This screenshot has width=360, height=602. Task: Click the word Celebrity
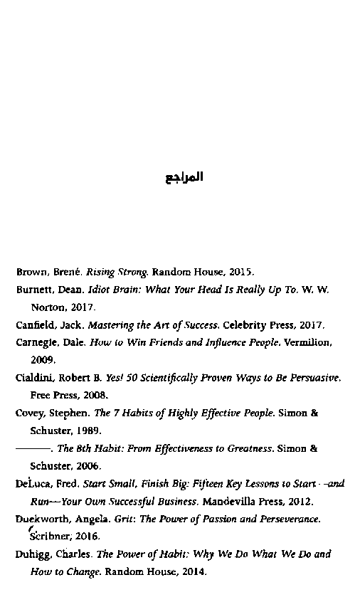tap(245, 325)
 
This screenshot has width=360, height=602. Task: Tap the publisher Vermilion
tap(307, 342)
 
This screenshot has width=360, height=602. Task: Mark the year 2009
tap(43, 360)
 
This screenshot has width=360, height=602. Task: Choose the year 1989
tap(89, 431)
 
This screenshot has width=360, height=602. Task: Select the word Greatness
tap(249, 448)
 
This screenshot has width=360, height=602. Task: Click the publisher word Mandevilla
tap(231, 501)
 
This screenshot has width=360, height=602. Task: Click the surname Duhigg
tap(33, 554)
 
